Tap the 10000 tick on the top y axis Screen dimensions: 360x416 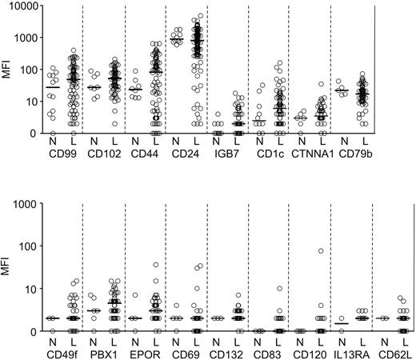(24, 6)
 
